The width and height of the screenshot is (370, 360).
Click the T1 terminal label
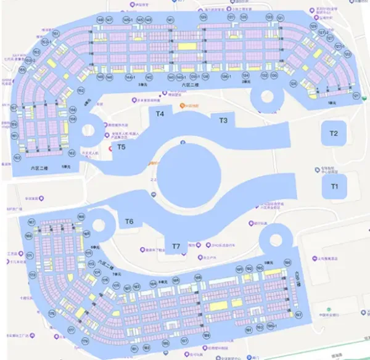click(x=335, y=186)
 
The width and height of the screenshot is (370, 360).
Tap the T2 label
click(x=334, y=133)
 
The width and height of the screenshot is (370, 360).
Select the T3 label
click(x=223, y=120)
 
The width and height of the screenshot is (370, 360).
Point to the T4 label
click(x=160, y=114)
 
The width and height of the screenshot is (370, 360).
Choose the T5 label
click(x=121, y=147)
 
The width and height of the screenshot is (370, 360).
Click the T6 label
click(x=129, y=221)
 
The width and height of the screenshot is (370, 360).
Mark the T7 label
click(x=176, y=247)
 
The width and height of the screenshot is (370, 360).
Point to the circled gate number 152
click(x=81, y=91)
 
